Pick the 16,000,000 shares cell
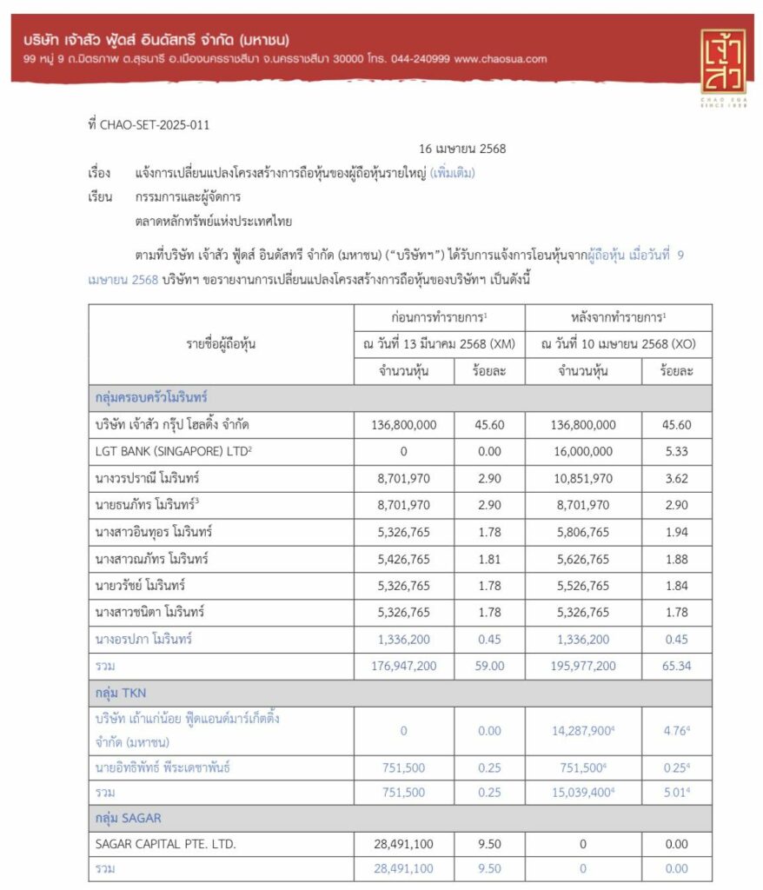point(583,452)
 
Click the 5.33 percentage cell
point(677,452)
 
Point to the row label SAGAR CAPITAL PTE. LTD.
point(165,843)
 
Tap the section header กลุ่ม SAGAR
point(128,818)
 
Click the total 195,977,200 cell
point(583,666)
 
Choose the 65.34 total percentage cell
point(677,666)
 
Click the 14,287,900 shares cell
point(581,731)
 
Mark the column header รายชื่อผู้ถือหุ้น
point(221,343)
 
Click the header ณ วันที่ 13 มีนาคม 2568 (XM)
point(440,343)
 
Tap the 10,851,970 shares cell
point(583,478)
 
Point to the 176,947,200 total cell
point(403,666)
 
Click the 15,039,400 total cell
point(581,793)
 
